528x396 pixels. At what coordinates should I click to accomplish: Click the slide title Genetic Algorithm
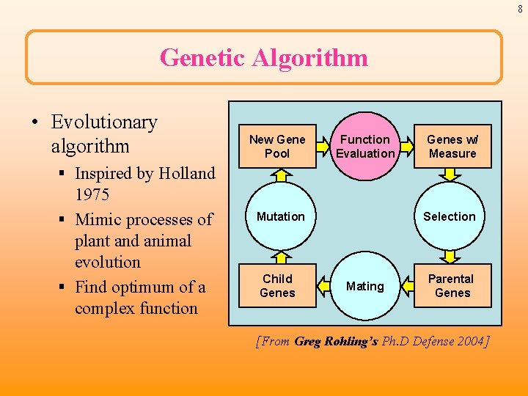coord(264,57)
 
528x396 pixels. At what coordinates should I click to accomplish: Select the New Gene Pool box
coord(277,147)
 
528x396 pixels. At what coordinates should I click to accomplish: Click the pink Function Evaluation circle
coord(364,147)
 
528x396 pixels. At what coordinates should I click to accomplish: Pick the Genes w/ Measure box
coord(452,147)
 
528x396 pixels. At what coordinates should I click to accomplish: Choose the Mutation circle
coord(279,217)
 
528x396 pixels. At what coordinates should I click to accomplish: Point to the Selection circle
coord(450,217)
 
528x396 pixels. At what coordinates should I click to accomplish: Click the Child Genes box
coord(277,286)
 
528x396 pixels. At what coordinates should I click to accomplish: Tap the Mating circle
coord(364,286)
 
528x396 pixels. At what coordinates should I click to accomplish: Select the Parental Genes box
coord(452,286)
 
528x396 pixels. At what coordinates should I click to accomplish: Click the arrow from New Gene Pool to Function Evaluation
coord(322,147)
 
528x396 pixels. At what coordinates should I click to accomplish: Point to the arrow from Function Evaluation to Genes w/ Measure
coord(406,147)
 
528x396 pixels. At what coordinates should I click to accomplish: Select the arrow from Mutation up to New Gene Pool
coord(279,175)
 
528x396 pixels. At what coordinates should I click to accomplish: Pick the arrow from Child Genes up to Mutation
coord(279,256)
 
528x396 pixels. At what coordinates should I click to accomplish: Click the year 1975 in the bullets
coord(92,195)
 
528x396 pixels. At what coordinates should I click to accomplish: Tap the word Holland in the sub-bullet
coord(187,174)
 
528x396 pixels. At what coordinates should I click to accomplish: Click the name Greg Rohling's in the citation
coord(337,341)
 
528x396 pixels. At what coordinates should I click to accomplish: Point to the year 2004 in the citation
coord(470,341)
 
